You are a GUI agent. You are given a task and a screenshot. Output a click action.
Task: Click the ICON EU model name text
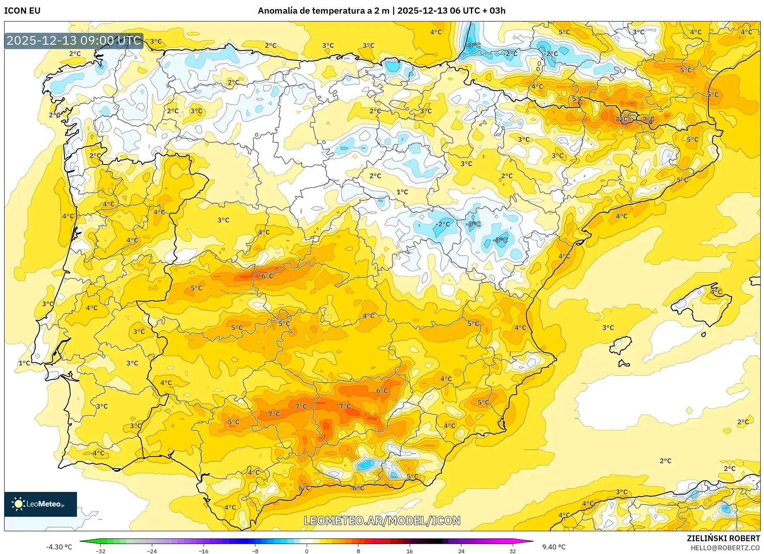pyautogui.click(x=22, y=11)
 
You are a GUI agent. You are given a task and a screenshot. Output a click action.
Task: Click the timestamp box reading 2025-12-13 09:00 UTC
pyautogui.click(x=74, y=41)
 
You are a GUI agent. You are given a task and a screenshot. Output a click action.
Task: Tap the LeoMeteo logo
pyautogui.click(x=40, y=504)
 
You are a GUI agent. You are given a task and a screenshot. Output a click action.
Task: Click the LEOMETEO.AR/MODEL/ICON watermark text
pyautogui.click(x=382, y=520)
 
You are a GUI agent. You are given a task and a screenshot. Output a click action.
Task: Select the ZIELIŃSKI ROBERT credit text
pyautogui.click(x=723, y=538)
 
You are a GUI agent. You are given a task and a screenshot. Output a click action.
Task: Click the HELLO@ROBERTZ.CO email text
pyautogui.click(x=725, y=548)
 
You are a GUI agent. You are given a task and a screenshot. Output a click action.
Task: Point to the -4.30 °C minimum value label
pyautogui.click(x=59, y=547)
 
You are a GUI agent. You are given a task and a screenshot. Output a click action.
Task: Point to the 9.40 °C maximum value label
pyautogui.click(x=554, y=547)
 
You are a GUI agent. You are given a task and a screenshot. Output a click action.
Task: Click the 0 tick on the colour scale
pyautogui.click(x=307, y=551)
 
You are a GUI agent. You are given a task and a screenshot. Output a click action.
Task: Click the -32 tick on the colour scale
pyautogui.click(x=101, y=551)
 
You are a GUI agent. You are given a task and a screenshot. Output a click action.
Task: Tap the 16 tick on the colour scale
pyautogui.click(x=409, y=551)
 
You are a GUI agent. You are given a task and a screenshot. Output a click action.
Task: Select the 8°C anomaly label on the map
pyautogui.click(x=622, y=119)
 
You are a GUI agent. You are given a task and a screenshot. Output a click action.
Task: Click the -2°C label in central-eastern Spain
pyautogui.click(x=442, y=224)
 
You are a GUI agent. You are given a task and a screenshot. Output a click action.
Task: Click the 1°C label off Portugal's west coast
pyautogui.click(x=24, y=363)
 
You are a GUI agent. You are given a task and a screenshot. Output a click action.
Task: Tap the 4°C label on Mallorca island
pyautogui.click(x=716, y=292)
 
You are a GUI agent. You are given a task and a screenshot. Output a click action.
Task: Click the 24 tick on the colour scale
pyautogui.click(x=461, y=551)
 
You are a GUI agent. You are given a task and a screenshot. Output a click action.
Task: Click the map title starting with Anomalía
pyautogui.click(x=381, y=11)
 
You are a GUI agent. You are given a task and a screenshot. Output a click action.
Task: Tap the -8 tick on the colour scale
pyautogui.click(x=255, y=551)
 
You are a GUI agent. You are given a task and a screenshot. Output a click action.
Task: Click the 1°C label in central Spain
pyautogui.click(x=402, y=192)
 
